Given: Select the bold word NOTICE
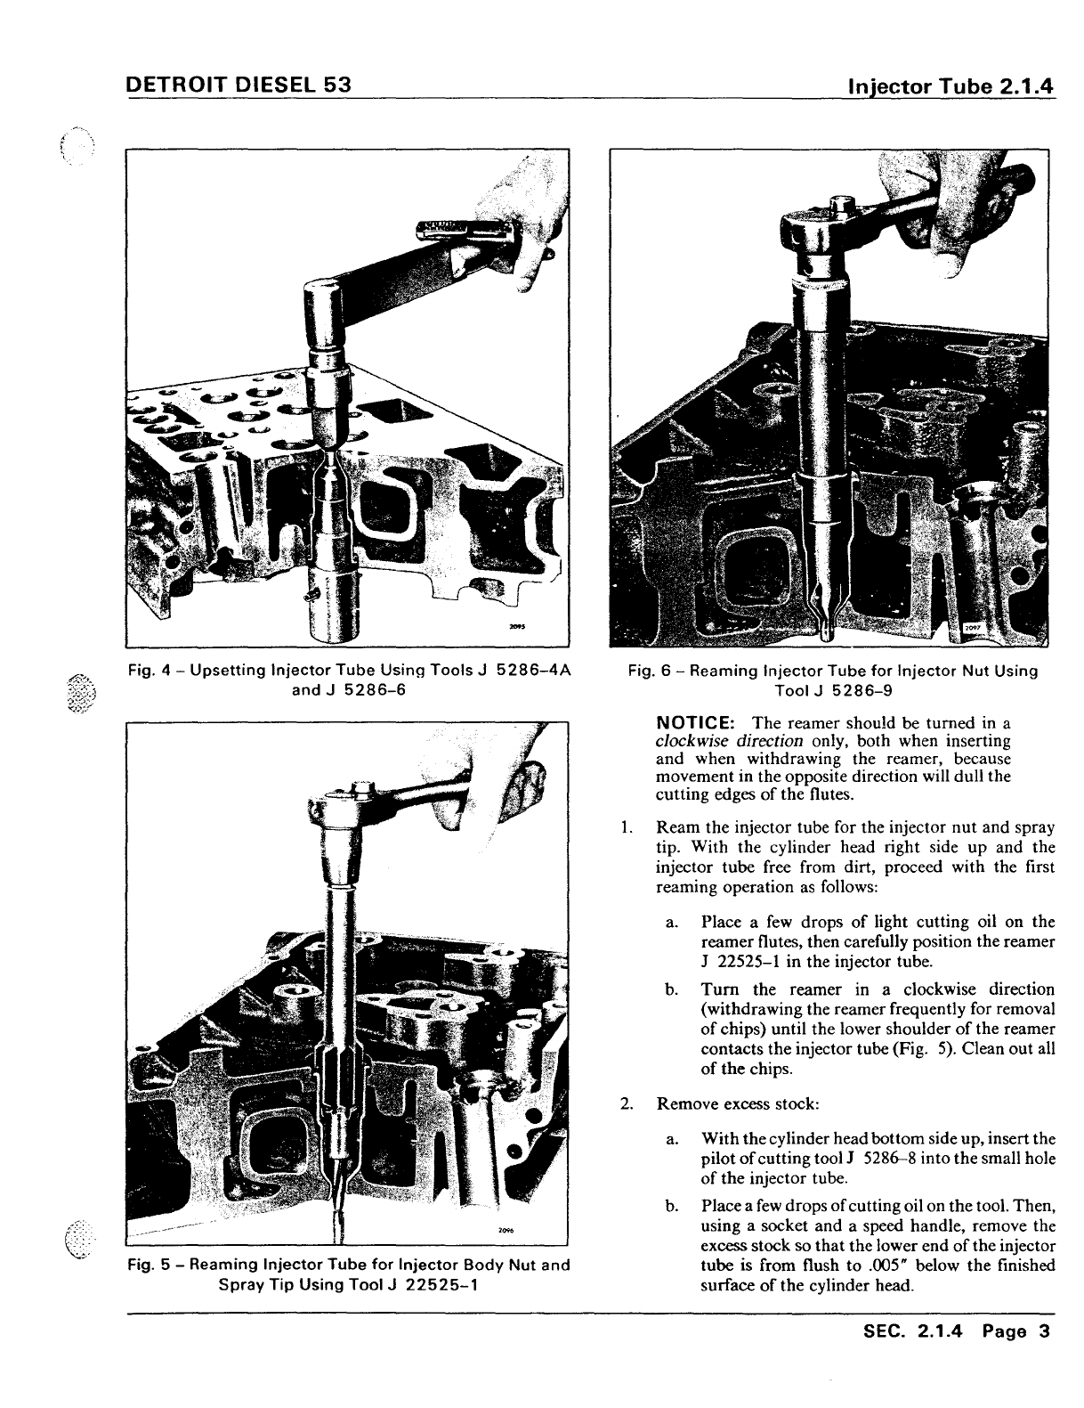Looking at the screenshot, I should pyautogui.click(x=694, y=722).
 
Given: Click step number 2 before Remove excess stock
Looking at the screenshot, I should pyautogui.click(x=627, y=1104).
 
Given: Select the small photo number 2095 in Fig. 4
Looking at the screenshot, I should pyautogui.click(x=515, y=625).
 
